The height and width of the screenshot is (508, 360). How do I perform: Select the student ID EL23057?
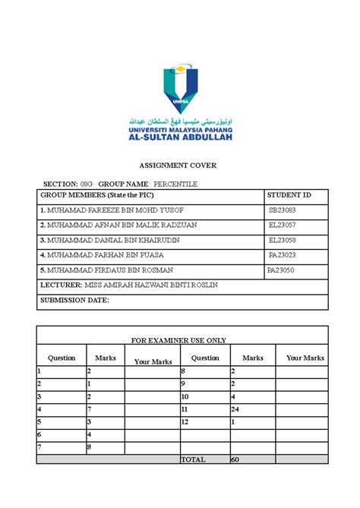tap(282, 225)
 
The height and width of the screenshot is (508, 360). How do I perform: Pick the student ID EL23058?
tap(282, 240)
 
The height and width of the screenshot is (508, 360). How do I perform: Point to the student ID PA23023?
tap(282, 255)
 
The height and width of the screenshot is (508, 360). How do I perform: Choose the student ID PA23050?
tap(280, 270)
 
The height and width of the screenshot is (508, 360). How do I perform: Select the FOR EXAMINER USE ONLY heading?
tap(179, 340)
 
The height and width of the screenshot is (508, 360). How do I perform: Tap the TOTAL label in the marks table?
tap(193, 460)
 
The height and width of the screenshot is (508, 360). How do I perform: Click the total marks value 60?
tap(235, 460)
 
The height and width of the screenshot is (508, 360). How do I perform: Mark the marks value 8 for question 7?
tap(89, 447)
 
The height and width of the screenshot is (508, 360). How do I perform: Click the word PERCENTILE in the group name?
tap(175, 184)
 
